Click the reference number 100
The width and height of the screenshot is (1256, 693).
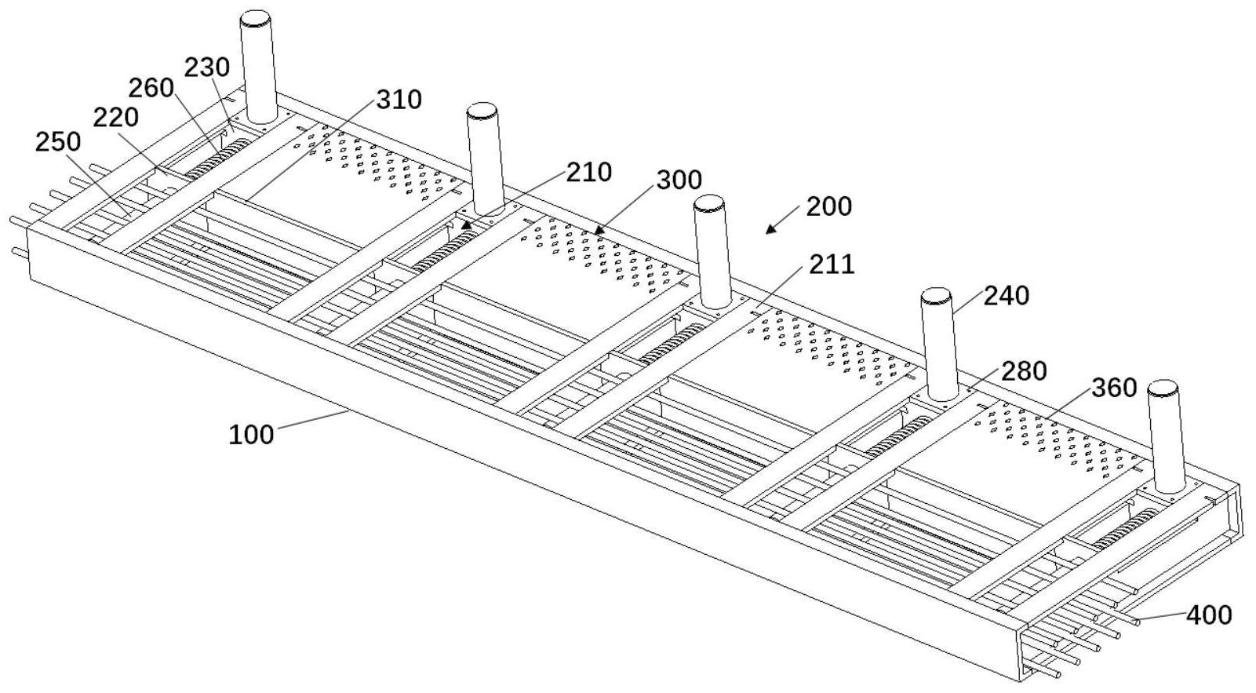pos(251,434)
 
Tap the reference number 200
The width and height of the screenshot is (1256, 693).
pos(828,206)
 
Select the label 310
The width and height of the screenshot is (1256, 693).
pos(399,100)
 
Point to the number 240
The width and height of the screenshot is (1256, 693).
pos(1007,296)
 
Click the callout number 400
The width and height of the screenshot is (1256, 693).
pos(1209,615)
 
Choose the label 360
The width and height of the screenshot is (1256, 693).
pos(1114,387)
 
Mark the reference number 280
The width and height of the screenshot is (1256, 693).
pos(1024,370)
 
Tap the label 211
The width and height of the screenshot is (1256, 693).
pos(832,264)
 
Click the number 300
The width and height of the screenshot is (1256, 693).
pos(679,180)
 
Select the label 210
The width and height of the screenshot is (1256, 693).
pos(589,172)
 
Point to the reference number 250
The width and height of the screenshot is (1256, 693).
pos(58,142)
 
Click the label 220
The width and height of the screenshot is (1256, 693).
pos(116,118)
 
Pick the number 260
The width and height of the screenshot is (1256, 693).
pos(151,88)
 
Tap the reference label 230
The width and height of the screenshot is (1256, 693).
pos(207,67)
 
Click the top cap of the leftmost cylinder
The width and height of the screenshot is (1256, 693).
pos(255,17)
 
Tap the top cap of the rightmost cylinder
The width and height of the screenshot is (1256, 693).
pos(1163,388)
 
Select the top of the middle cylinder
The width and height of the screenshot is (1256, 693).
pos(709,203)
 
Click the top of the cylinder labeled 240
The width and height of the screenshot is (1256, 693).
pos(936,296)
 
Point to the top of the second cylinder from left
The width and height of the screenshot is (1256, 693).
pos(482,110)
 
